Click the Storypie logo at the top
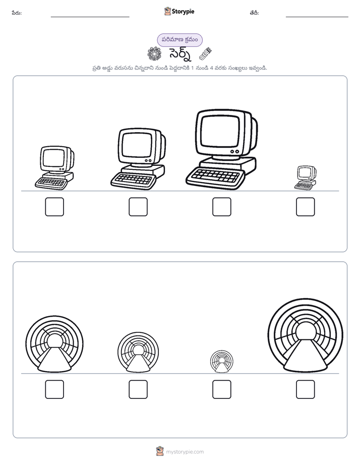tap(179, 11)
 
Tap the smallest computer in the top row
tap(306, 178)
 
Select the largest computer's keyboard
tap(215, 178)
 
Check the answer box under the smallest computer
tap(306, 207)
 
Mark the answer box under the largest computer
tap(222, 207)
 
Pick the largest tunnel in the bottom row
tap(306, 335)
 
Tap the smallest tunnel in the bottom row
tap(221, 362)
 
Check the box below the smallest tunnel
tap(222, 389)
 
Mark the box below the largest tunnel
tap(306, 389)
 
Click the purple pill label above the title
tap(179, 40)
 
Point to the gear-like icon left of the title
tap(154, 54)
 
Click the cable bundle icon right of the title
tap(205, 54)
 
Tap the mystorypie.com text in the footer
tap(185, 452)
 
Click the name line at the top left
tap(90, 17)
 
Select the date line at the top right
tap(317, 17)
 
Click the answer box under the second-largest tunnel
tap(54, 389)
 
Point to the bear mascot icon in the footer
tap(160, 451)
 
